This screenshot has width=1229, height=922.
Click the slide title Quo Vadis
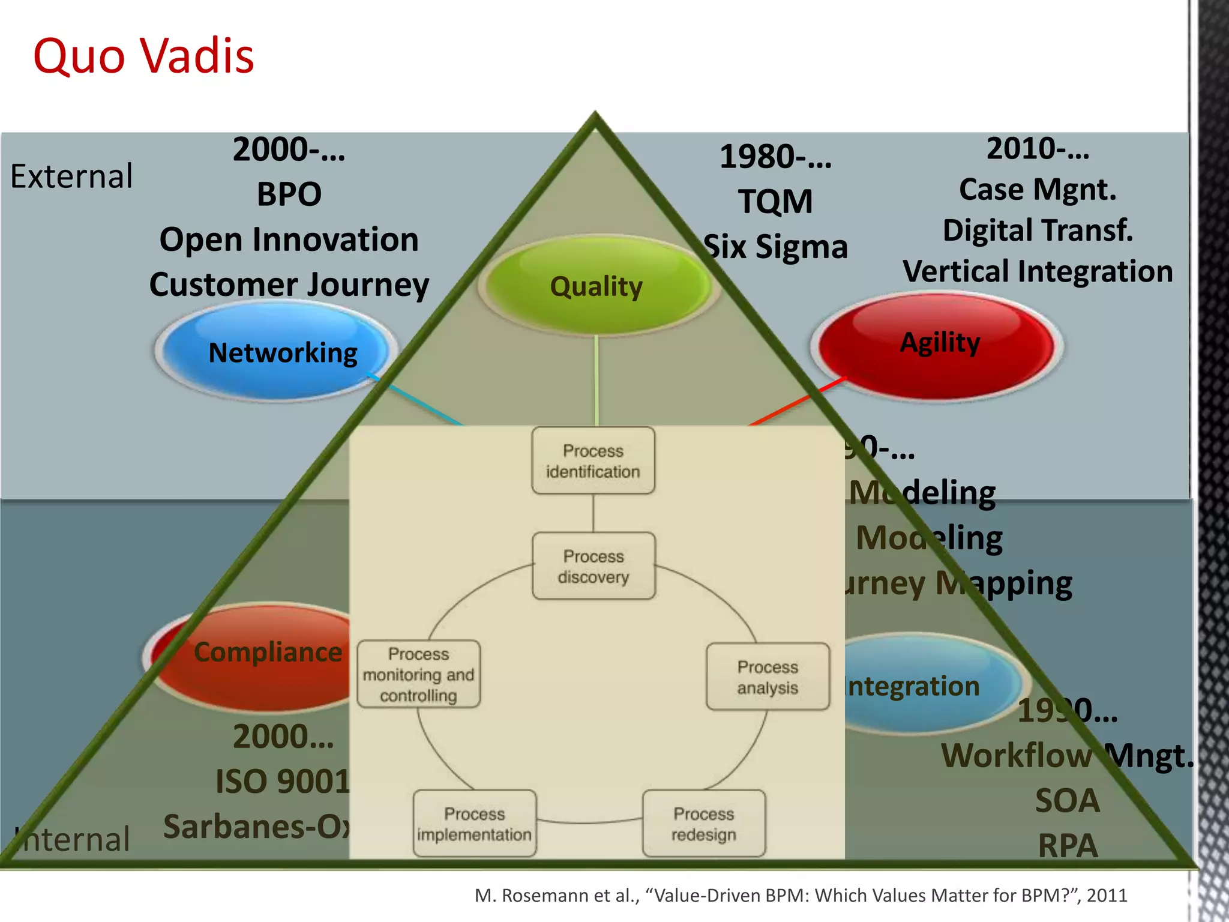tap(143, 56)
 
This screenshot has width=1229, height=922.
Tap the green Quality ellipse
tap(596, 286)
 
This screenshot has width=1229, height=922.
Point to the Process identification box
tap(593, 461)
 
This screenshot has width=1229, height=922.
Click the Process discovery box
tap(593, 566)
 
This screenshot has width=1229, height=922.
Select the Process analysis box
tap(768, 677)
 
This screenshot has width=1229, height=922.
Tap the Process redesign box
tap(703, 824)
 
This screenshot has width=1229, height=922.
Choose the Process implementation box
tap(474, 824)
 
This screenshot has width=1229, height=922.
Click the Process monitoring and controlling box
tap(418, 674)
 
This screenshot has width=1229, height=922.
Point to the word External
tap(71, 176)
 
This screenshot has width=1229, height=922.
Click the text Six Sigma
tap(775, 247)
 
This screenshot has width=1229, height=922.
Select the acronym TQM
tap(775, 201)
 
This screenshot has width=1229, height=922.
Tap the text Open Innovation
tap(289, 240)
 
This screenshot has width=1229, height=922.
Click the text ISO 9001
tap(282, 782)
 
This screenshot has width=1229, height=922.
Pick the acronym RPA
tap(1068, 846)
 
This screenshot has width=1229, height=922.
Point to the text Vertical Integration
tap(1038, 271)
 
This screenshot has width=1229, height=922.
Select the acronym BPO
tap(289, 194)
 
